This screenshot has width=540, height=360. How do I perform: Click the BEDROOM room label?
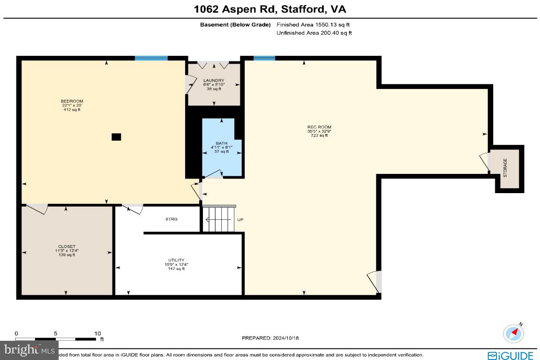tap(72, 101)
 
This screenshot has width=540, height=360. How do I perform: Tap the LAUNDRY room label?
tap(214, 81)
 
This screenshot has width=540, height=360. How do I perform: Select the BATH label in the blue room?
tap(221, 143)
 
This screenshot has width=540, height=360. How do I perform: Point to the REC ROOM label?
tap(316, 127)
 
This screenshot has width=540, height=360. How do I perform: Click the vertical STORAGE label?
tap(505, 167)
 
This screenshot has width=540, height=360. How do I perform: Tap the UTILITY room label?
tap(176, 260)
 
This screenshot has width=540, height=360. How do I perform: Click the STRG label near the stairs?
tap(171, 219)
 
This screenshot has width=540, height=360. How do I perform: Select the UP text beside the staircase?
tap(240, 220)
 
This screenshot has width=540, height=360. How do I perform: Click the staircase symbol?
tap(219, 219)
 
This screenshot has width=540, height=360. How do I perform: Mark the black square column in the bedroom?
tap(116, 137)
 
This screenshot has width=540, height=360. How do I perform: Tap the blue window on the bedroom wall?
tap(151, 58)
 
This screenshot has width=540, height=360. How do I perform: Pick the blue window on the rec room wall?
tap(264, 58)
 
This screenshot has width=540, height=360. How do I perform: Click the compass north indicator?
tap(513, 333)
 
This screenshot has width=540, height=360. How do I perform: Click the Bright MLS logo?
tap(29, 349)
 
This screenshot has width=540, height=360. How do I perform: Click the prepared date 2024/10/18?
tap(270, 337)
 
